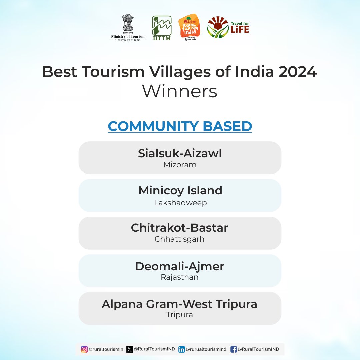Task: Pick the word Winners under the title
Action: tap(180, 91)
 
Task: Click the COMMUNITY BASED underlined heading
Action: tap(180, 126)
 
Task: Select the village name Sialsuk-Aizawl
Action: tap(180, 153)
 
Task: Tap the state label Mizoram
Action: tap(180, 165)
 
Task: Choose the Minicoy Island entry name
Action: tap(180, 191)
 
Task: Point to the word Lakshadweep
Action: tap(180, 203)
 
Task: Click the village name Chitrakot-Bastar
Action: tap(180, 228)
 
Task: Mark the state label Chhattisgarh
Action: tap(180, 239)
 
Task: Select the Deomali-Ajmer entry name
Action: tap(180, 266)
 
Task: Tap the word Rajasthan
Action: tap(180, 277)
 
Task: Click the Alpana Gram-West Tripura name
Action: tap(180, 304)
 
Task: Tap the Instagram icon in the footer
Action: tap(84, 349)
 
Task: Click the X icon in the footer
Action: tap(130, 349)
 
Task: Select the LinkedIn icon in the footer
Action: tap(181, 349)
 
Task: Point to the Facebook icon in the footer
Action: tap(233, 349)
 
